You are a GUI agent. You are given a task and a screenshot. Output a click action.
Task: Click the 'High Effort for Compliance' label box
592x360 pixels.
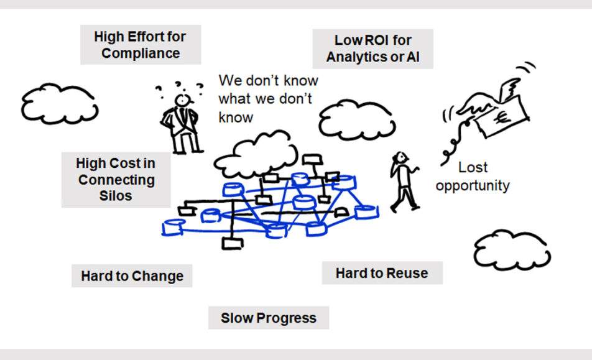click(140, 45)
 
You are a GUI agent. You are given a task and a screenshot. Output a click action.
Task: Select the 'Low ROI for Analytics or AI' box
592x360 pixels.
click(372, 49)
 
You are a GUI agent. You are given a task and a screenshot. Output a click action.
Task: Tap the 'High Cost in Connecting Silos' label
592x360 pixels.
click(116, 180)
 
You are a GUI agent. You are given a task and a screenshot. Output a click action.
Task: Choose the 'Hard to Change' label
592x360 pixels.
click(132, 275)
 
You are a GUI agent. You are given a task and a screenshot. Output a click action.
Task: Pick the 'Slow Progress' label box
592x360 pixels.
click(269, 318)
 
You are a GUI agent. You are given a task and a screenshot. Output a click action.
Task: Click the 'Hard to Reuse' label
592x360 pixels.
click(382, 273)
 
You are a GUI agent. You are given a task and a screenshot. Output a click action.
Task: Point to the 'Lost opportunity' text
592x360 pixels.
click(473, 177)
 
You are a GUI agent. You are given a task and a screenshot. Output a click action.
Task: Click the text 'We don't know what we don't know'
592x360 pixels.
click(267, 99)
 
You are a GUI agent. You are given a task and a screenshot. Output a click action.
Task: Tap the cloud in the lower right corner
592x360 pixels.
click(512, 250)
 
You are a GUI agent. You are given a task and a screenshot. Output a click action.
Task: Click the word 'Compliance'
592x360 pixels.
click(140, 53)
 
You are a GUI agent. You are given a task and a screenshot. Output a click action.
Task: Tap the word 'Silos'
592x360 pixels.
click(116, 196)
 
